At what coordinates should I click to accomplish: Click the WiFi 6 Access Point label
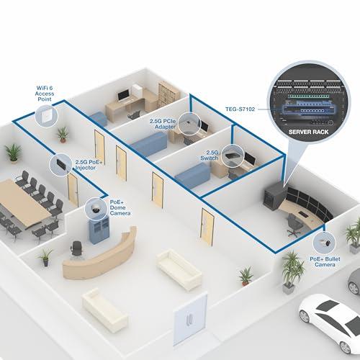(45, 94)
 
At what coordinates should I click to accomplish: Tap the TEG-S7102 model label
(240, 109)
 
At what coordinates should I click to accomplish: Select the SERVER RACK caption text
(308, 132)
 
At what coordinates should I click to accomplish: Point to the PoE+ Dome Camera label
(120, 207)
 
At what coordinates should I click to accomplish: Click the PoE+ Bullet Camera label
(325, 262)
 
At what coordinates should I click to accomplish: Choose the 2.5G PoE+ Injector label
(89, 165)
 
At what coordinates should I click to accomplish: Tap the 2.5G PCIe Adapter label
(163, 124)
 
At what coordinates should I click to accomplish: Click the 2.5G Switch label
(210, 156)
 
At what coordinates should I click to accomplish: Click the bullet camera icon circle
(324, 243)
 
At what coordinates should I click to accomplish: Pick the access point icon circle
(47, 116)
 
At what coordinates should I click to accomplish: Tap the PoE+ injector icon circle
(60, 164)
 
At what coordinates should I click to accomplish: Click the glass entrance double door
(190, 320)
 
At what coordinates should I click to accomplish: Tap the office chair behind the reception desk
(77, 250)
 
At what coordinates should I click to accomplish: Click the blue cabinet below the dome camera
(99, 230)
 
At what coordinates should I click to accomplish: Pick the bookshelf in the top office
(168, 93)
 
